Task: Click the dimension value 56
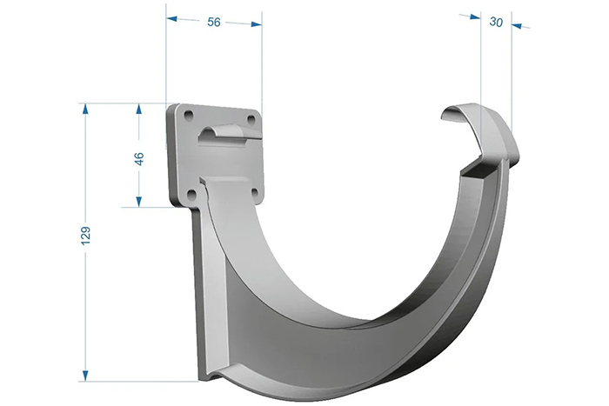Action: pyautogui.click(x=214, y=22)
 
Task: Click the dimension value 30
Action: pyautogui.click(x=496, y=22)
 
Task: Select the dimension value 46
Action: pyautogui.click(x=138, y=159)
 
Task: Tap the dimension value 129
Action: pyautogui.click(x=85, y=236)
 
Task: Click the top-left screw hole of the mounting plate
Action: pyautogui.click(x=189, y=115)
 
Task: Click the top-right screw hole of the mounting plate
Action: pyautogui.click(x=251, y=118)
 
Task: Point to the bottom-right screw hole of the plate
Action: pyautogui.click(x=255, y=193)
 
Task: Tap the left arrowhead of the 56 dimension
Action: pyautogui.click(x=171, y=18)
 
